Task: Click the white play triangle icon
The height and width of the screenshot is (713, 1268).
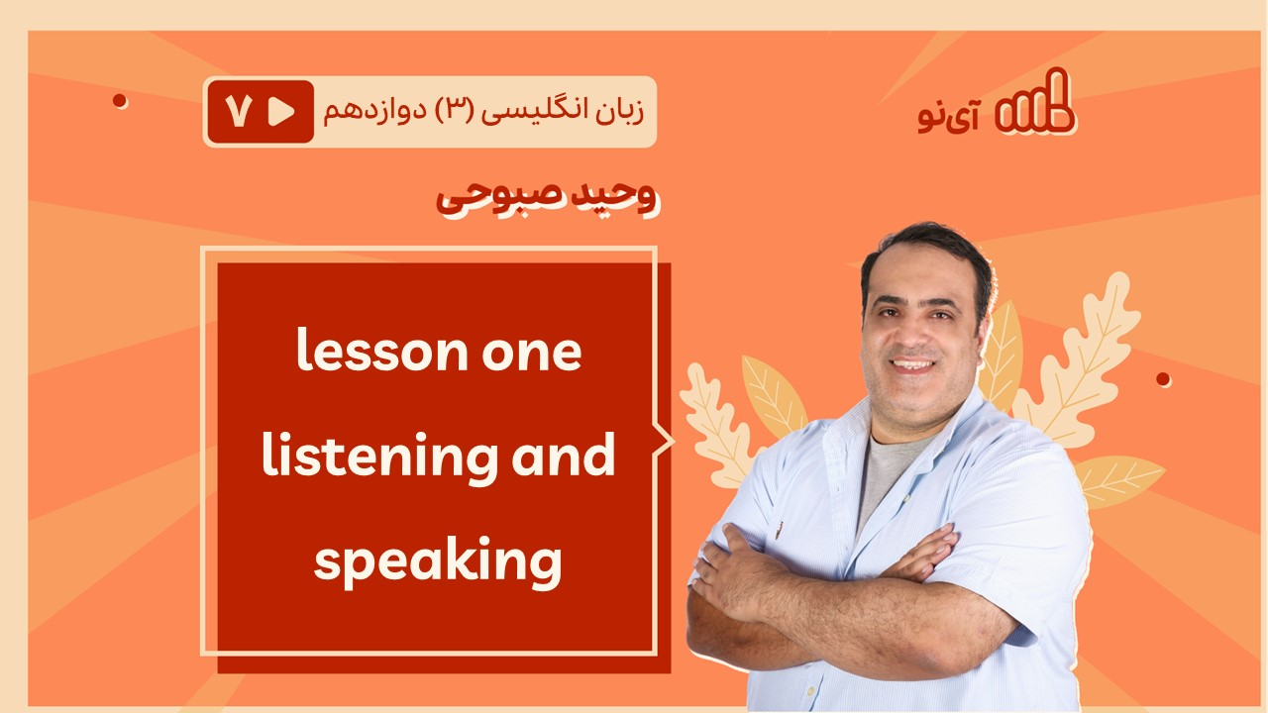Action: coord(281,112)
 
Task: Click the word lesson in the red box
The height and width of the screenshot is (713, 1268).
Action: coord(382,350)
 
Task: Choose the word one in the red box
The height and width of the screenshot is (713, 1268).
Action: coord(532,355)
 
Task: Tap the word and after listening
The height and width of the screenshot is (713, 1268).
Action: coord(564,455)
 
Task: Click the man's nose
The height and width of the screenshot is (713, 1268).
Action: coord(910,335)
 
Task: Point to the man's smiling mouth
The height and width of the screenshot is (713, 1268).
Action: coord(912,365)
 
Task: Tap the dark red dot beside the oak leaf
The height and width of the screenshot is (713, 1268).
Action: coord(1163,379)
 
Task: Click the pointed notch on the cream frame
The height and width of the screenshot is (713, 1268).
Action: coord(667,441)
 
